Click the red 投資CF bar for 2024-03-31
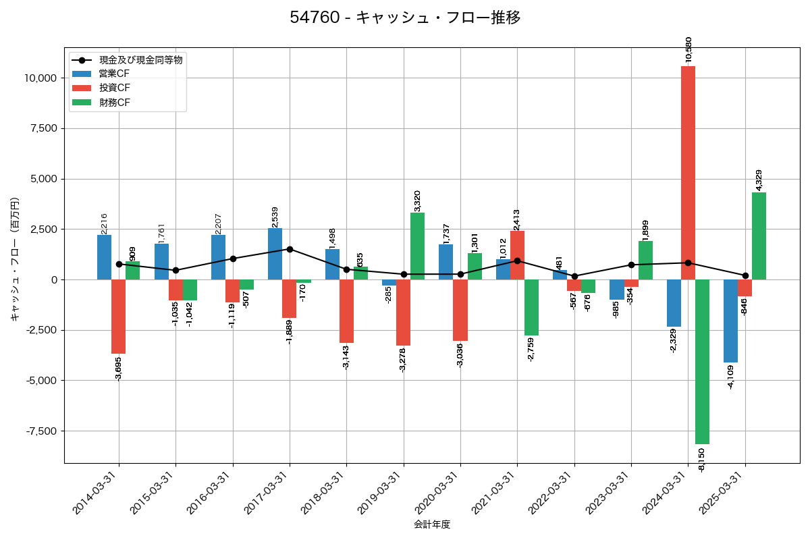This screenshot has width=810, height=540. (688, 173)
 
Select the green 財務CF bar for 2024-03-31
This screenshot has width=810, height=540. (702, 362)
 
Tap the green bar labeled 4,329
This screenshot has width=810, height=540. (759, 236)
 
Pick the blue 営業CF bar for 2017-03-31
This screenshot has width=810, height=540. (275, 254)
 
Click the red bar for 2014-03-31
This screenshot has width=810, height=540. (118, 317)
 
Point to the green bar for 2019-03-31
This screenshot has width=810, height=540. (417, 246)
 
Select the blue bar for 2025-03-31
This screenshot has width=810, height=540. (730, 321)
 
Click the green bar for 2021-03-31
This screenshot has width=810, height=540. (531, 307)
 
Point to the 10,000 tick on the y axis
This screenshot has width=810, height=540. (40, 78)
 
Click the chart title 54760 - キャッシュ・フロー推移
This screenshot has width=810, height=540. (405, 18)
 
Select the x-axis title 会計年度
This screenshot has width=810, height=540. (432, 524)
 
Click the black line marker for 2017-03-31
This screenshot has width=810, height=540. (290, 249)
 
